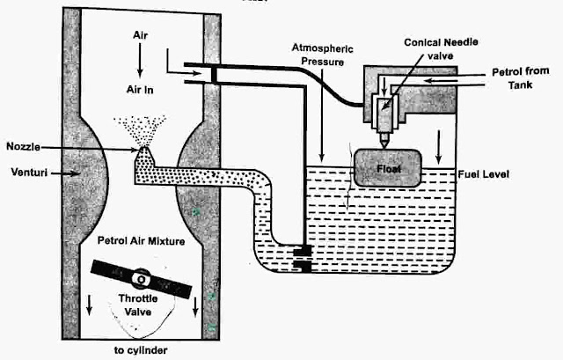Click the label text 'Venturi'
(x=26, y=173)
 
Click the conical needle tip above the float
(x=385, y=141)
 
